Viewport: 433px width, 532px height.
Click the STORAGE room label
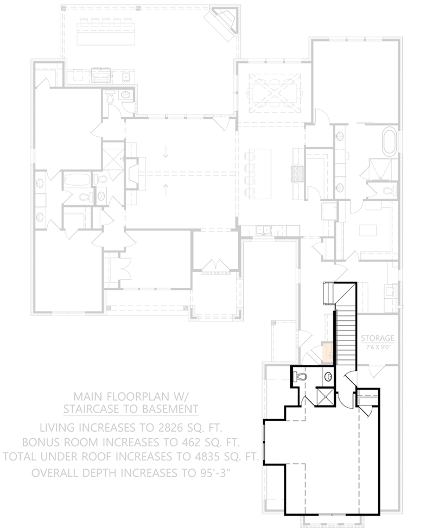378,338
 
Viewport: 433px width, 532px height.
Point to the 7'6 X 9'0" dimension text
378,346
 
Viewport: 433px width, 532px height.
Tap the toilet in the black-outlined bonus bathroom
301,376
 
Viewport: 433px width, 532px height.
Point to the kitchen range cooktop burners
297,173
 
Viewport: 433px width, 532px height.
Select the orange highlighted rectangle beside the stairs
327,351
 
